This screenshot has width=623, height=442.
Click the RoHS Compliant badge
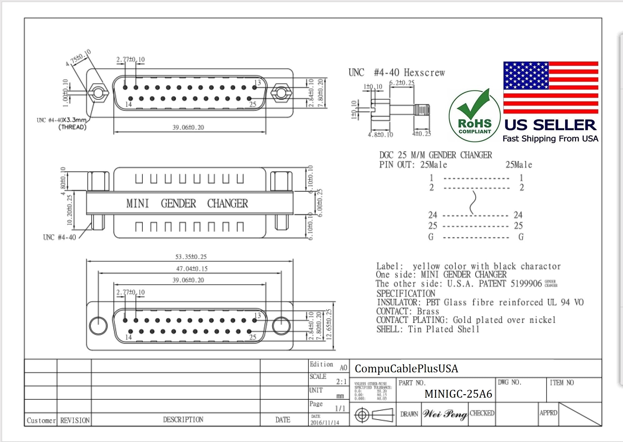(474, 117)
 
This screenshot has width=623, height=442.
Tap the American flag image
(551, 87)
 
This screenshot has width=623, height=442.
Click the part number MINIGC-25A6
(458, 394)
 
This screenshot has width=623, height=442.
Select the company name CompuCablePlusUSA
(406, 369)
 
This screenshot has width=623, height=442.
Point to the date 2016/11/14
(325, 423)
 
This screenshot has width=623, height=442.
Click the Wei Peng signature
(445, 414)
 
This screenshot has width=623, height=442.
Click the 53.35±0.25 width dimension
(191, 257)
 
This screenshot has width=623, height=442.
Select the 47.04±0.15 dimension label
(192, 269)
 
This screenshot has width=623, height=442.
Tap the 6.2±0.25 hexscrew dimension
(401, 83)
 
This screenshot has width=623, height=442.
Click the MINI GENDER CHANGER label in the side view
(187, 203)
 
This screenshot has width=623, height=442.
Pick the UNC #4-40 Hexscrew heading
(396, 73)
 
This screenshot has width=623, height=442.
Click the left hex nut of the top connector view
(98, 93)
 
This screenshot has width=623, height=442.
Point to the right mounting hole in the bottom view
(281, 325)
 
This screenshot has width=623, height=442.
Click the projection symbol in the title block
(373, 415)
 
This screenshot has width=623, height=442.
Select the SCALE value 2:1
(341, 381)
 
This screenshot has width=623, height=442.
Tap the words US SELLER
(550, 125)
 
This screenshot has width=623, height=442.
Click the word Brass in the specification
(428, 311)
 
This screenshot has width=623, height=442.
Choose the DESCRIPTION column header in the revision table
(183, 420)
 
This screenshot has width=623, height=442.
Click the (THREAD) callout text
(72, 127)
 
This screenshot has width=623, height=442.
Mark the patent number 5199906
(526, 284)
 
